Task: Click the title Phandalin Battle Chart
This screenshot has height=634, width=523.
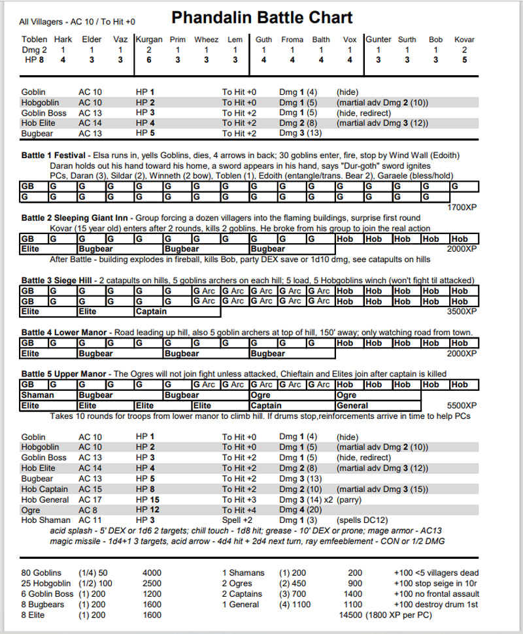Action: click(x=261, y=17)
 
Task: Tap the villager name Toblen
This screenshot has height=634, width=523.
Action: click(x=34, y=39)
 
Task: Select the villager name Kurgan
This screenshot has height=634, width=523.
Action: click(x=149, y=39)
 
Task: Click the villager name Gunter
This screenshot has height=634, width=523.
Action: click(x=379, y=39)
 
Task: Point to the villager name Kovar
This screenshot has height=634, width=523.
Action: click(x=464, y=39)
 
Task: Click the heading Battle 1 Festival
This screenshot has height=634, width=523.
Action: click(x=54, y=156)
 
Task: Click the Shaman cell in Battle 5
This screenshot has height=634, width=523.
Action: click(x=38, y=395)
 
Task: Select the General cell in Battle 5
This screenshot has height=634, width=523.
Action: click(x=353, y=405)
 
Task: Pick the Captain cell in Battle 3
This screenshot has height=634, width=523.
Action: click(x=152, y=312)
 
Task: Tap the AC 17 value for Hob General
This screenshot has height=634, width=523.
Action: click(x=90, y=499)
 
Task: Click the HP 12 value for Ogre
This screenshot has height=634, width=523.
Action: click(x=147, y=510)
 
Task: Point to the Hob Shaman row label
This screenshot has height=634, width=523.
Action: click(x=46, y=520)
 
